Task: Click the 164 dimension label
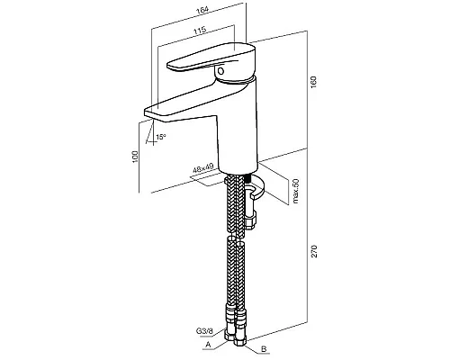202,10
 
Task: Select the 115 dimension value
200,30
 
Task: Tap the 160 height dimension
313,82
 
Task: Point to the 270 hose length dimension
314,251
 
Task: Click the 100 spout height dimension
136,157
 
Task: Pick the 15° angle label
160,137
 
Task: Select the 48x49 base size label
202,168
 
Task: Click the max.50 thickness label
296,191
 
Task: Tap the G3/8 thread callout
204,331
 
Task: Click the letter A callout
208,345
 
